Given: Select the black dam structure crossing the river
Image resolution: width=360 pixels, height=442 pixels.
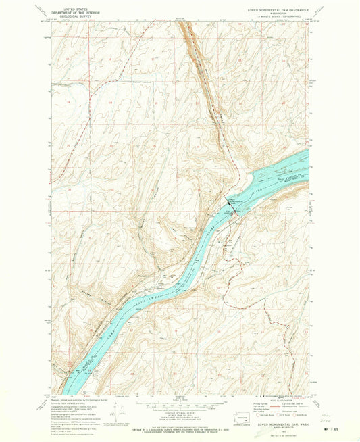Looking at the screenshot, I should coord(230,203).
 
